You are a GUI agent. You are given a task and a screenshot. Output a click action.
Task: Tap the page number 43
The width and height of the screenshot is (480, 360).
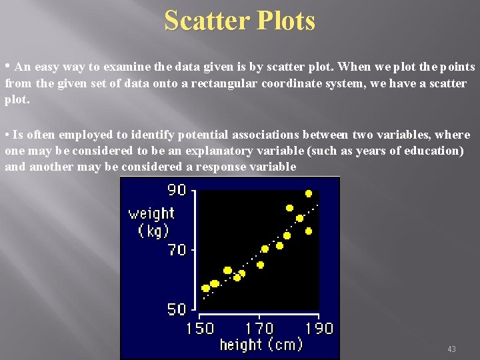tap(451, 349)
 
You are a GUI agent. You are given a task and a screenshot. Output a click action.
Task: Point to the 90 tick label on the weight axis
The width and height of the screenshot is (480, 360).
tap(177, 190)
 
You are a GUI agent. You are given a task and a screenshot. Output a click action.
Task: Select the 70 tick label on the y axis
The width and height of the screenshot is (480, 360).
tap(177, 250)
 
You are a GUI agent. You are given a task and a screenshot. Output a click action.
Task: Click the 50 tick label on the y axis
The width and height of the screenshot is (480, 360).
tap(177, 309)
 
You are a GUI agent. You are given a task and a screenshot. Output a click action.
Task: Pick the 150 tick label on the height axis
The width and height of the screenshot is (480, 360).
tap(200, 329)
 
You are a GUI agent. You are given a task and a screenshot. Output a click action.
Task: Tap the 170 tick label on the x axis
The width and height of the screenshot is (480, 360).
tap(259, 329)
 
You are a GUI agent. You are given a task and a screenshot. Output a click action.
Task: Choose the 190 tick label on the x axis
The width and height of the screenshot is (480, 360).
tap(319, 329)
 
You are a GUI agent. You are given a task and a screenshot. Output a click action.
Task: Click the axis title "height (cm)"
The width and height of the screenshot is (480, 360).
tap(261, 344)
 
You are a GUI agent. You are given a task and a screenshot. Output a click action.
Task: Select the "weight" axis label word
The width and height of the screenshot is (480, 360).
tap(151, 213)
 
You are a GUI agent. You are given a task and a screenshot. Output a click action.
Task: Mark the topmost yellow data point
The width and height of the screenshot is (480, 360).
tap(309, 193)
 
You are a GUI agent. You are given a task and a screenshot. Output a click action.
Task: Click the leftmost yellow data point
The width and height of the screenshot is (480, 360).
tap(205, 289)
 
